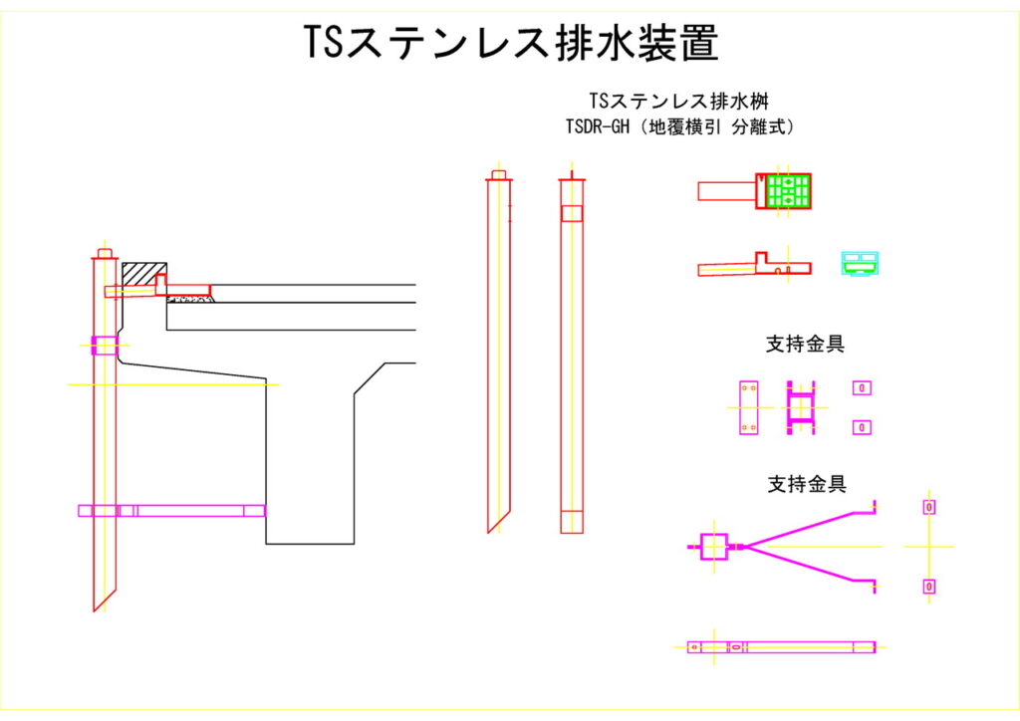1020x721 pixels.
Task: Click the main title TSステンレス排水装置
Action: click(510, 44)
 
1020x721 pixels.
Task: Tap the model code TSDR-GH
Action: click(597, 128)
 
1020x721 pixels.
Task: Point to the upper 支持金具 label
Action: click(805, 345)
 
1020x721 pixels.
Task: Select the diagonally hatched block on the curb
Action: click(144, 271)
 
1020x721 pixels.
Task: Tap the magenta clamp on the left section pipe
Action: click(104, 346)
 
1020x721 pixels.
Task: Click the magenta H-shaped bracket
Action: click(801, 407)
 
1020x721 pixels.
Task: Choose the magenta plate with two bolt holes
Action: click(749, 407)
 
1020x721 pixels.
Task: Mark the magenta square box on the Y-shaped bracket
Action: click(714, 547)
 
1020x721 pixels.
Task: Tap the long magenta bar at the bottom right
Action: click(782, 646)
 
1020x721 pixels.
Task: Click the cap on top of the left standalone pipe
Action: click(498, 175)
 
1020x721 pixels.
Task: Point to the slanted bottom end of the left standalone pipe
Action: click(498, 518)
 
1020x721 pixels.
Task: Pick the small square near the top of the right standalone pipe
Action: click(571, 213)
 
